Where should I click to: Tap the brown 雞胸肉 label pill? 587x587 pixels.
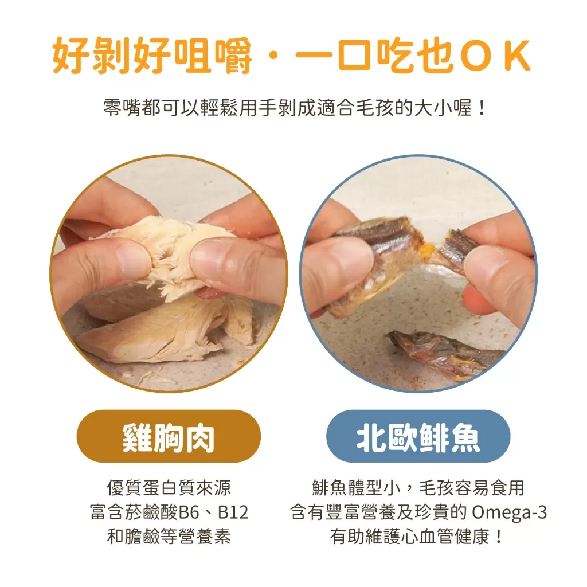169,436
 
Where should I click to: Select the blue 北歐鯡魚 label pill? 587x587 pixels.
418,436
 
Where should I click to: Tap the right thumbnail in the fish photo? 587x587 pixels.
488,267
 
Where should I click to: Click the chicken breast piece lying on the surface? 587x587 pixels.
155,332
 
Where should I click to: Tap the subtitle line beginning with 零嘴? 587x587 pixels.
293,107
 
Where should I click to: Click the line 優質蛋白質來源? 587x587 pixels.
169,488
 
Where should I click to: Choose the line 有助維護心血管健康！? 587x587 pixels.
418,537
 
